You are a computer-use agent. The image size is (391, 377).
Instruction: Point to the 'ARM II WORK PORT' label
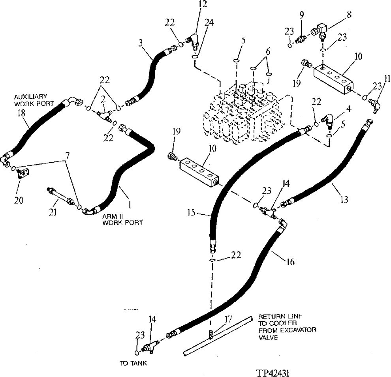click(x=122, y=219)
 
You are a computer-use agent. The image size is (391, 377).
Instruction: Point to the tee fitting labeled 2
click(x=104, y=114)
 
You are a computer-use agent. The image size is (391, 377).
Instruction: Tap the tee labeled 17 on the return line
click(x=212, y=335)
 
